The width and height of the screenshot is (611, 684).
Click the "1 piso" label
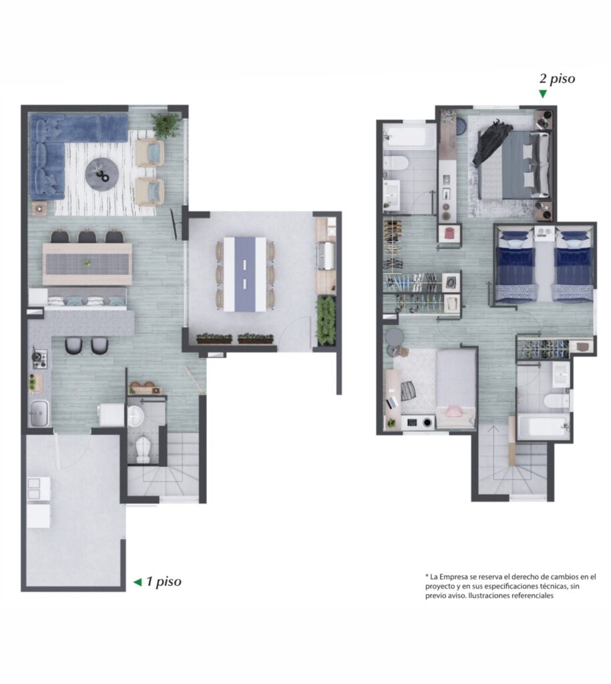tap(164, 582)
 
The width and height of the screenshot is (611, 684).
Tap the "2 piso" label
tap(557, 79)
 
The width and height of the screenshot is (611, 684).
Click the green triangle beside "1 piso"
tap(138, 582)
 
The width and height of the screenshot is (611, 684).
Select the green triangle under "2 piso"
tap(542, 94)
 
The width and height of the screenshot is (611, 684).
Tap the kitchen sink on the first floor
tap(39, 413)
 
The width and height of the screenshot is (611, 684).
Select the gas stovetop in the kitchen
tap(39, 359)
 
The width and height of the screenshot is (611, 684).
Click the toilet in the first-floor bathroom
tap(143, 450)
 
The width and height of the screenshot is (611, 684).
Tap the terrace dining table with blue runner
tap(244, 274)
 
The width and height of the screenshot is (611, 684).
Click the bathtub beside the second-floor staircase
tap(544, 427)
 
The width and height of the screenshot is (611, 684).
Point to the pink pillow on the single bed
tap(455, 411)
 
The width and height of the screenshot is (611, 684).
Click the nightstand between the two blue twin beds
tap(544, 233)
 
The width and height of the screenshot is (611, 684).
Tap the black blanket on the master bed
tap(493, 140)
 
